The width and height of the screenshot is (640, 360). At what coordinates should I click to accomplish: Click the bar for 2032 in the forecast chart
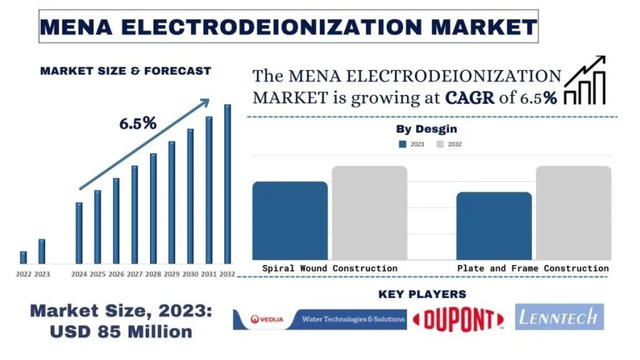227,184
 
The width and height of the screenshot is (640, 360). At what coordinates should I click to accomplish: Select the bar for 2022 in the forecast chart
24,258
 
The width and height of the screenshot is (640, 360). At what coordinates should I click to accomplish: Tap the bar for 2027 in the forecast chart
135,214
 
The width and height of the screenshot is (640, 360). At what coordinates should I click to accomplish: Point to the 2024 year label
79,274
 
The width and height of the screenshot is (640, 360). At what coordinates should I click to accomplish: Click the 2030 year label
191,274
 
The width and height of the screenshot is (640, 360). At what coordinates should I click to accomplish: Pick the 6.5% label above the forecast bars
138,124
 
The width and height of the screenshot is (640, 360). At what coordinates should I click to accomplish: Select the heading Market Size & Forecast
126,71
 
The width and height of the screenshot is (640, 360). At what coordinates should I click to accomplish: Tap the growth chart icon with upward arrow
586,80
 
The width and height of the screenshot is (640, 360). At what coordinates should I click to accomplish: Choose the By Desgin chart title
427,129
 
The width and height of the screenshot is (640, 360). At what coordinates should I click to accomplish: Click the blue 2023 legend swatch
402,144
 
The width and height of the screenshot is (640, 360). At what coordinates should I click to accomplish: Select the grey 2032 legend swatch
440,144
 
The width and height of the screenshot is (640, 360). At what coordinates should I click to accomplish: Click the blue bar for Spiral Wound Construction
290,220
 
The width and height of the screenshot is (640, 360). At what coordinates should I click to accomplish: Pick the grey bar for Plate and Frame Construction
573,213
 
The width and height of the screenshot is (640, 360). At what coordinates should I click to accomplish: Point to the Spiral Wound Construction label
330,269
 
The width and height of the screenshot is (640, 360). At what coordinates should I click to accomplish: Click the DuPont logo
458,319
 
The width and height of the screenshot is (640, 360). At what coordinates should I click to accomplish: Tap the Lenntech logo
559,317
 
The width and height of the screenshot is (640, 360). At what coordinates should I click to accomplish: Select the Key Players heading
422,294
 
